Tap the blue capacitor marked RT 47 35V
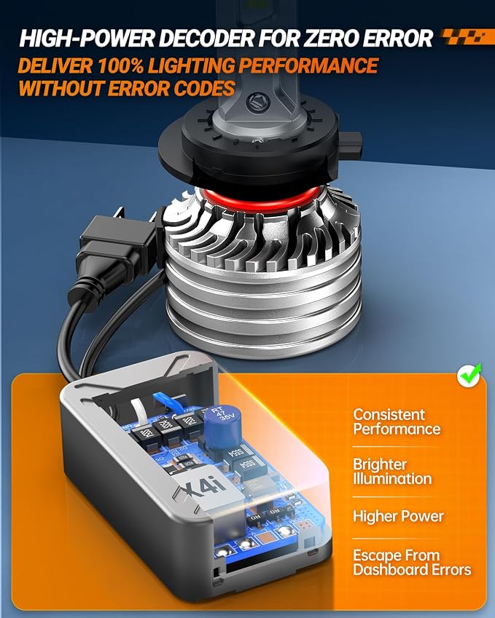pyautogui.click(x=222, y=427)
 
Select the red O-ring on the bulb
pyautogui.click(x=262, y=199)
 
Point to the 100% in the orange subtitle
pyautogui.click(x=120, y=66)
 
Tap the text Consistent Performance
pyautogui.click(x=397, y=421)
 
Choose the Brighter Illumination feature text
pyautogui.click(x=392, y=472)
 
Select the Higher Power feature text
pyautogui.click(x=398, y=516)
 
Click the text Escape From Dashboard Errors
pyautogui.click(x=412, y=563)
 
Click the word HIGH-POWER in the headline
pyautogui.click(x=87, y=39)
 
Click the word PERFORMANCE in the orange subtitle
pyautogui.click(x=308, y=66)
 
